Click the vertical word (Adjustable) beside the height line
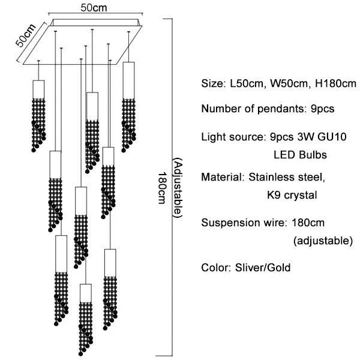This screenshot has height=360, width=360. (x=177, y=188)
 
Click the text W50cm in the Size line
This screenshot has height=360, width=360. (x=289, y=84)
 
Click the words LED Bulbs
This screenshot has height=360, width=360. (x=300, y=155)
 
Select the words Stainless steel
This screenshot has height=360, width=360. (x=287, y=177)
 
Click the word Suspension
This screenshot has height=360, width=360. (x=227, y=223)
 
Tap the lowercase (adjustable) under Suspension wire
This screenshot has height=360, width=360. (x=322, y=241)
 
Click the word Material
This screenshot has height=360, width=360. (x=221, y=177)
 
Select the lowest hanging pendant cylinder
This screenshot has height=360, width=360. (x=85, y=292)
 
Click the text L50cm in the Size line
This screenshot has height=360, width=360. (x=246, y=84)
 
